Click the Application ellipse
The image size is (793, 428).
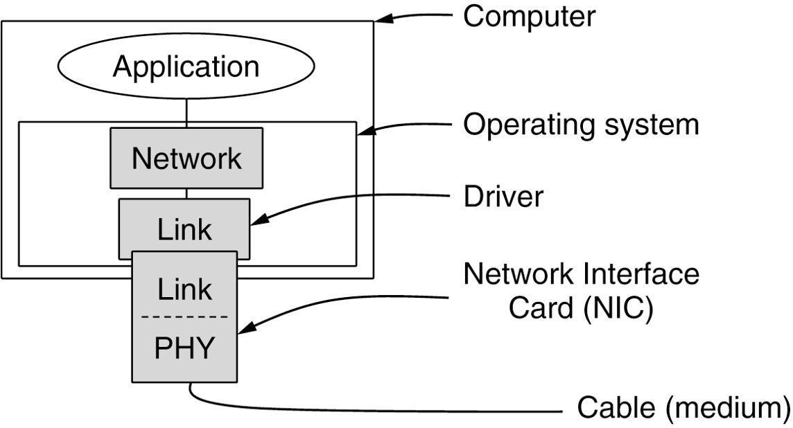tap(186, 67)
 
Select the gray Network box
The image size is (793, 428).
tap(186, 158)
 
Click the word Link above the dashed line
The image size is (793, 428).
tap(184, 288)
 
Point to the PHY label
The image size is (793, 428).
tap(184, 348)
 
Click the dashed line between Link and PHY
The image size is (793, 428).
tap(184, 316)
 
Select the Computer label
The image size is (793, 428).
tap(528, 17)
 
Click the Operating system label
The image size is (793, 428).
tap(581, 125)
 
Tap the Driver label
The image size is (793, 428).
tap(503, 197)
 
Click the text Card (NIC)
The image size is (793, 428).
tap(581, 310)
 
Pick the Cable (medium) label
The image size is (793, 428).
tap(682, 408)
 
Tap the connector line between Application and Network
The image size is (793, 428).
tap(186, 110)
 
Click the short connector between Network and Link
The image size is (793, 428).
tap(186, 193)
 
